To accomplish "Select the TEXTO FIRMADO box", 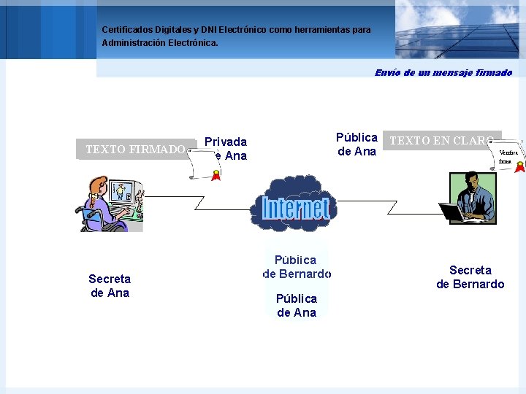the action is pyautogui.click(x=135, y=150).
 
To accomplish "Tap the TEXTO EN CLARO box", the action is pyautogui.click(x=441, y=141).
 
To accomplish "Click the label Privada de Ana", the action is pyautogui.click(x=226, y=149).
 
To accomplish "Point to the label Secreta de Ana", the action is pyautogui.click(x=110, y=286).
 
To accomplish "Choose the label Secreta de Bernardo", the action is pyautogui.click(x=470, y=277).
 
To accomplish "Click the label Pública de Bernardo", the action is pyautogui.click(x=296, y=267).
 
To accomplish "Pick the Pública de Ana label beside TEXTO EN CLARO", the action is pyautogui.click(x=357, y=144).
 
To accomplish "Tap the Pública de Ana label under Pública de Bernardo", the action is pyautogui.click(x=297, y=306).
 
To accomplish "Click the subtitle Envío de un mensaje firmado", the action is pyautogui.click(x=443, y=72).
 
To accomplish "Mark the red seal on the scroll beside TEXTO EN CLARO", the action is pyautogui.click(x=519, y=167).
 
